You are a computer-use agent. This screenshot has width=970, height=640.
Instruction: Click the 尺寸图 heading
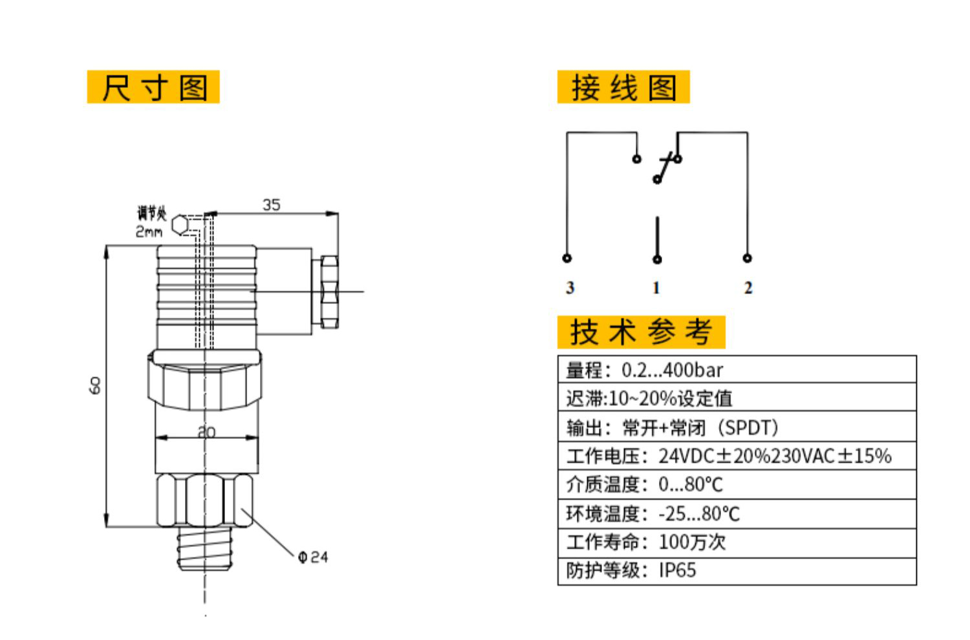tap(153, 87)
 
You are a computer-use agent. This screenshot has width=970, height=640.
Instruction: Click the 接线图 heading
tap(623, 87)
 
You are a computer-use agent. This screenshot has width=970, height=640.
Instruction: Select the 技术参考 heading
tap(641, 332)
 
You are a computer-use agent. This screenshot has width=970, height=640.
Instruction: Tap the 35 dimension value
tap(272, 205)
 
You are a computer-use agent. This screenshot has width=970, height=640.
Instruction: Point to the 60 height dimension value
tap(95, 386)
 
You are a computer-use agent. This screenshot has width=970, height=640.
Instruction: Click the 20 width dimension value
tap(206, 432)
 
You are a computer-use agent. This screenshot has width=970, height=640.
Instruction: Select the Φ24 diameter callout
tap(314, 557)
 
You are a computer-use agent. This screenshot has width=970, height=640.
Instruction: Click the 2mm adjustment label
tap(149, 232)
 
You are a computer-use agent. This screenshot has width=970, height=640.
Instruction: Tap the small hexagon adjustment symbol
tap(180, 225)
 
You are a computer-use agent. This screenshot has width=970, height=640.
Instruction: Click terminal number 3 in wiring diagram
tap(570, 288)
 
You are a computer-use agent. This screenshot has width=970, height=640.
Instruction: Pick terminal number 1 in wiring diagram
tap(656, 288)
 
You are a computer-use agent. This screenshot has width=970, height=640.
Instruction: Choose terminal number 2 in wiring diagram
tap(748, 288)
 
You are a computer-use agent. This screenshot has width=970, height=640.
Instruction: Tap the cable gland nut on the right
tap(329, 292)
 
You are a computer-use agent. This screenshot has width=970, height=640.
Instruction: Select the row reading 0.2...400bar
tap(737, 370)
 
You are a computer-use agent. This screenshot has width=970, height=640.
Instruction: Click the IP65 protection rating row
tap(737, 571)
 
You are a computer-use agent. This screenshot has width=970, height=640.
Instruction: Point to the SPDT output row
tap(737, 427)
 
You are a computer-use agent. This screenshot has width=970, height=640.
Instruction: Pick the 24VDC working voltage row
tap(737, 456)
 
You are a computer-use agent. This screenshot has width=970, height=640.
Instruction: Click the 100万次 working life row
tap(737, 542)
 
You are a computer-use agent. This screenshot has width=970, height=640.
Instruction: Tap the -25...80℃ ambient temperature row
tap(737, 514)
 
